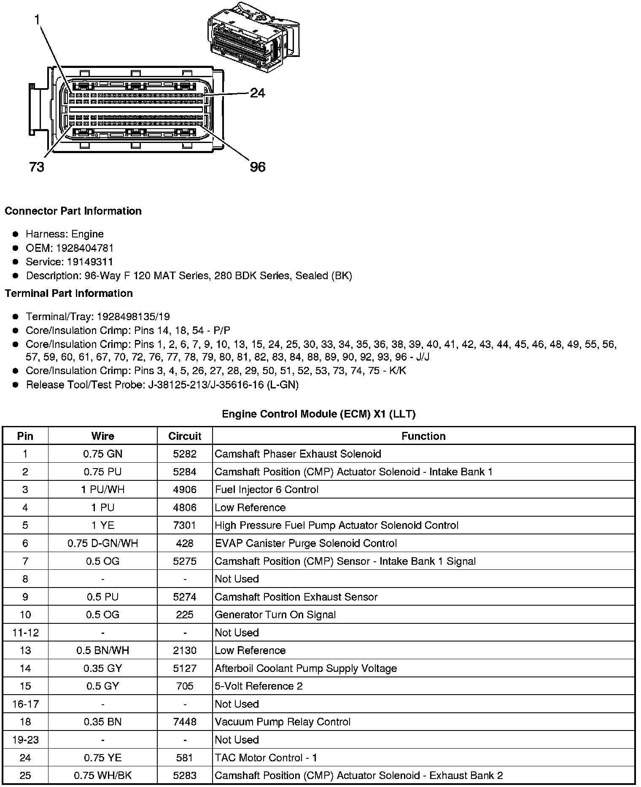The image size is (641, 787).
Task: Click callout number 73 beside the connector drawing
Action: pos(37,167)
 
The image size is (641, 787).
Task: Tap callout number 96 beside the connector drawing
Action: pos(257,167)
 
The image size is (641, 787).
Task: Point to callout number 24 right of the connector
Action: pos(257,93)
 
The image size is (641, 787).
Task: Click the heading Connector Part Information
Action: pos(73,211)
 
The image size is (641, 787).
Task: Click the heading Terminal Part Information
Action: pos(69,293)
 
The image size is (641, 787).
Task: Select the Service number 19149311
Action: pos(90,261)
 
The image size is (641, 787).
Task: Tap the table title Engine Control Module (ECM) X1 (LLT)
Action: pos(319,414)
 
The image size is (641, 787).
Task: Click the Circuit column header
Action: pos(185,436)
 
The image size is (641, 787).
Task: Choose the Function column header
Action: pos(423,436)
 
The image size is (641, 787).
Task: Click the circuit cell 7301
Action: pos(185,525)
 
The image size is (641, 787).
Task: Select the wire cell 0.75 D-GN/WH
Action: pos(102,543)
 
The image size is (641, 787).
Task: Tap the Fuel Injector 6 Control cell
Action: pos(267,490)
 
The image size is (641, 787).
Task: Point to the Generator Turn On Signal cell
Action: pos(275,615)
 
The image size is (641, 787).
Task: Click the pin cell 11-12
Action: pos(25,633)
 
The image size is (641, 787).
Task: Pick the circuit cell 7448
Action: pos(185,722)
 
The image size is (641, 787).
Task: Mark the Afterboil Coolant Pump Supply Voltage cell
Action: pos(306,668)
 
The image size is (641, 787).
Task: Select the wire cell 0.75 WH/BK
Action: pos(102,775)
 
